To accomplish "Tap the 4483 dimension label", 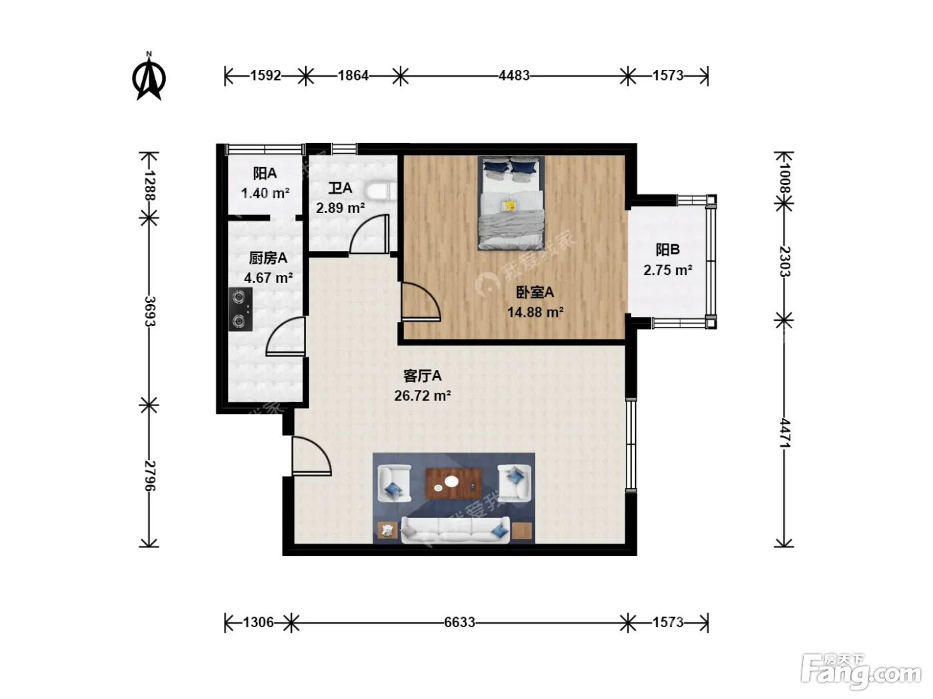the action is point(514,75).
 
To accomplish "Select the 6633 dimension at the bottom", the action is point(459,622).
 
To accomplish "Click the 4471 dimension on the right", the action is point(784,433).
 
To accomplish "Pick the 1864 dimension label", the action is point(353,75).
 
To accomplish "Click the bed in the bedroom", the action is point(511,203).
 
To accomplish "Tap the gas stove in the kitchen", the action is point(241,309).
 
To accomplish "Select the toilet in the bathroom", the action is point(381,191).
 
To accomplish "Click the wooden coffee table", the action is point(454,483).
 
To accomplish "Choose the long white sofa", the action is point(455,530).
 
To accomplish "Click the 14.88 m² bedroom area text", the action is point(536,312).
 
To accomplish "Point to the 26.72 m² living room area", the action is point(423,395).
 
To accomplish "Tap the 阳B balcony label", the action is point(668,250).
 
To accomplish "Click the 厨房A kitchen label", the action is point(268,258).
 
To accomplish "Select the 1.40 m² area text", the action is point(266,194).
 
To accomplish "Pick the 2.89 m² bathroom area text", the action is point(341,208).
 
